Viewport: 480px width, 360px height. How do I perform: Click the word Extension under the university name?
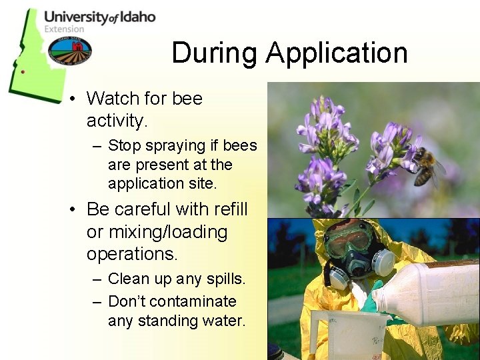(65, 29)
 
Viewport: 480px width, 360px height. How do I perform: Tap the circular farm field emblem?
(69, 51)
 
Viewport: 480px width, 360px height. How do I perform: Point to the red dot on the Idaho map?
(23, 71)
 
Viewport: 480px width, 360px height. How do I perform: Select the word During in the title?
(213, 53)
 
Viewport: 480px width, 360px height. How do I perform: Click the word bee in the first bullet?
(187, 99)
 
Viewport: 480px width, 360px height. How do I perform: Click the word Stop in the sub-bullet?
(124, 145)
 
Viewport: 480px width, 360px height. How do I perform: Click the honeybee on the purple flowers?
(427, 167)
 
